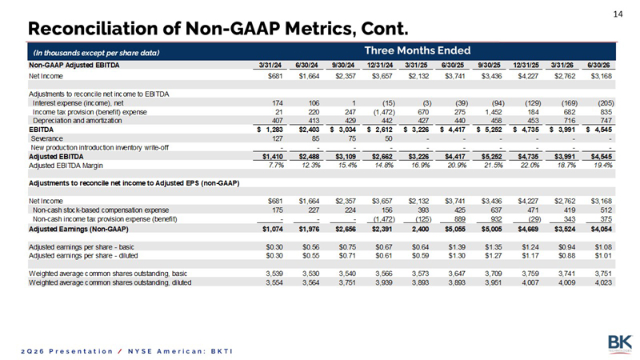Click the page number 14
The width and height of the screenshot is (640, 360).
click(618, 14)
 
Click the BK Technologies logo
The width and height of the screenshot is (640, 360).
click(620, 343)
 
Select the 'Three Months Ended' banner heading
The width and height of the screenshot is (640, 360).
click(417, 50)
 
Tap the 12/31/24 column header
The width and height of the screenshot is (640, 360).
click(379, 66)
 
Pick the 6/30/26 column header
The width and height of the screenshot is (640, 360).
click(601, 66)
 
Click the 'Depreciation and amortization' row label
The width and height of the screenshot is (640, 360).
click(77, 121)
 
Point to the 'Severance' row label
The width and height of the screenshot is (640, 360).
click(47, 138)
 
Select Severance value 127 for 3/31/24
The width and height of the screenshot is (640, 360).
click(277, 138)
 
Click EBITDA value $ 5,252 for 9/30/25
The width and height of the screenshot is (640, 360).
click(490, 130)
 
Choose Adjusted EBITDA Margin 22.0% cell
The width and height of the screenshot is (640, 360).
click(529, 166)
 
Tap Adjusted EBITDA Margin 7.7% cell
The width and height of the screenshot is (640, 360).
click(275, 166)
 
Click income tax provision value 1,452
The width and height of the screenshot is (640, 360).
click(493, 112)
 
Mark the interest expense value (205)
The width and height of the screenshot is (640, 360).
click(606, 103)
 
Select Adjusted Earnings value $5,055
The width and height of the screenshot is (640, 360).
click(454, 230)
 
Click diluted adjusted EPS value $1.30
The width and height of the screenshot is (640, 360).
click(457, 256)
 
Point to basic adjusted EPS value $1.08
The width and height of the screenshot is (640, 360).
click(604, 247)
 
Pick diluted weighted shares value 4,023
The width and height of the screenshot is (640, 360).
click(604, 282)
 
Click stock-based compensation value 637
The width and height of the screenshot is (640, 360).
click(496, 210)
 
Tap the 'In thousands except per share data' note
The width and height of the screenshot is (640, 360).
click(96, 53)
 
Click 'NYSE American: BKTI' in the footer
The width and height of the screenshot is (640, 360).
click(180, 351)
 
